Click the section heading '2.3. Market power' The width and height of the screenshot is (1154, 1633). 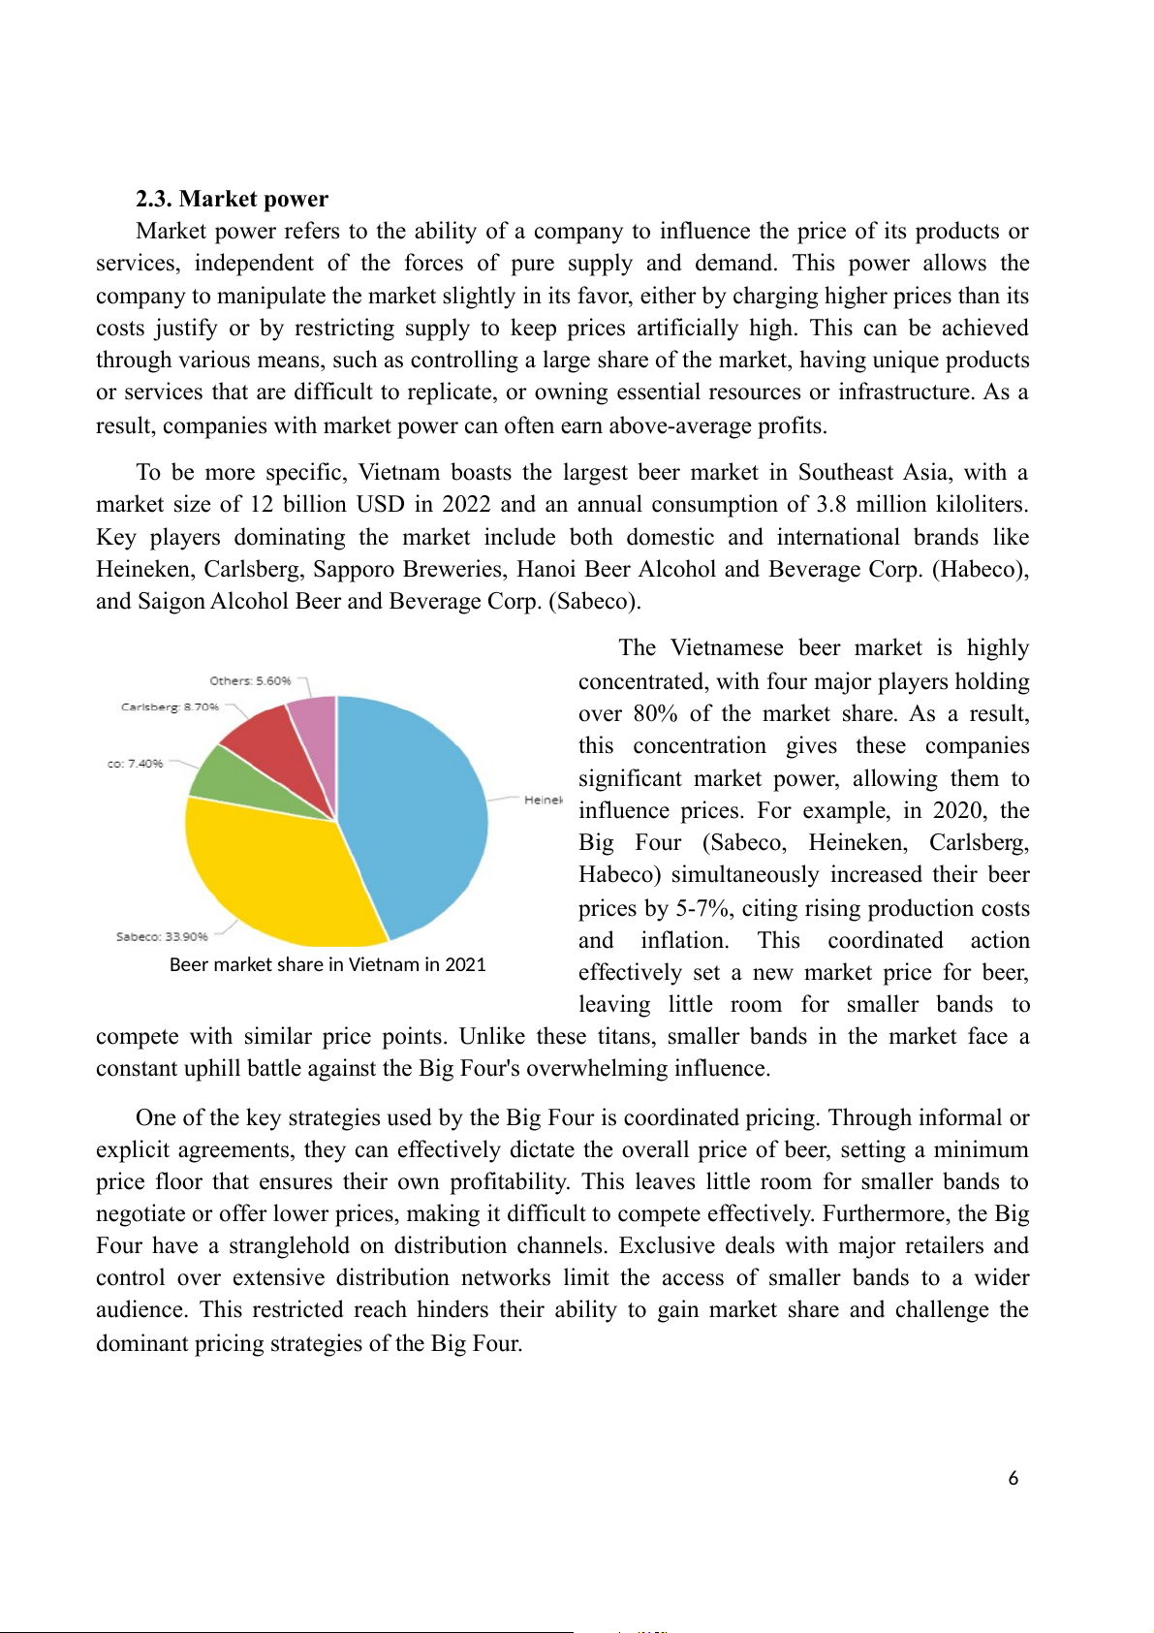[x=232, y=199]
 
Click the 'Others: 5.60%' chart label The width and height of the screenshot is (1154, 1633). [x=250, y=681]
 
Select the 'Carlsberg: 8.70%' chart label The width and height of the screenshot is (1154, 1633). [x=170, y=707]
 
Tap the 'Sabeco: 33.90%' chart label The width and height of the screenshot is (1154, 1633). [x=162, y=937]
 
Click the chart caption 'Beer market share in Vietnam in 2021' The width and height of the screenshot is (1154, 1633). [x=327, y=965]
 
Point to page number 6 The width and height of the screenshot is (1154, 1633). [x=1014, y=1479]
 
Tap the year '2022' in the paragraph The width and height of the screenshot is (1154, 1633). [x=466, y=505]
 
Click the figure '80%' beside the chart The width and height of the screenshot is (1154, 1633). [x=655, y=714]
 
